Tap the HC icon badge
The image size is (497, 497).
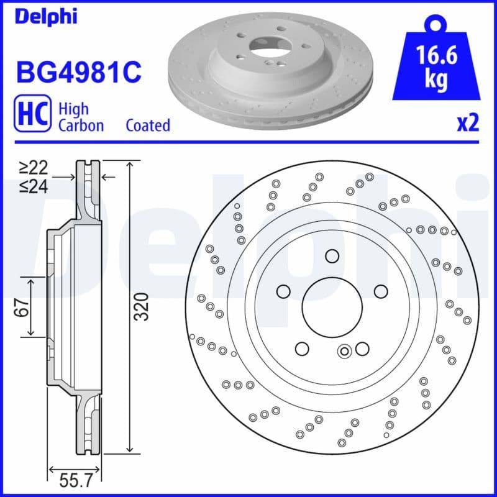[32, 117]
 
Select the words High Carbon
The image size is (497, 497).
[81, 117]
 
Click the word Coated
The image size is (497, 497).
[148, 125]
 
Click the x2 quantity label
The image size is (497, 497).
[468, 124]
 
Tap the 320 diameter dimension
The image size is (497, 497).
[142, 306]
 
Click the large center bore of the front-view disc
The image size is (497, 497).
[331, 306]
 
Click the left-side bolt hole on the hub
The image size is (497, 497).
[283, 291]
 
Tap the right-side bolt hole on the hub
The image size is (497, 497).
[380, 291]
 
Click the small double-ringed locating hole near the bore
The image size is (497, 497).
[344, 352]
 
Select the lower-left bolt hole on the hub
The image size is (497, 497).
[302, 348]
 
